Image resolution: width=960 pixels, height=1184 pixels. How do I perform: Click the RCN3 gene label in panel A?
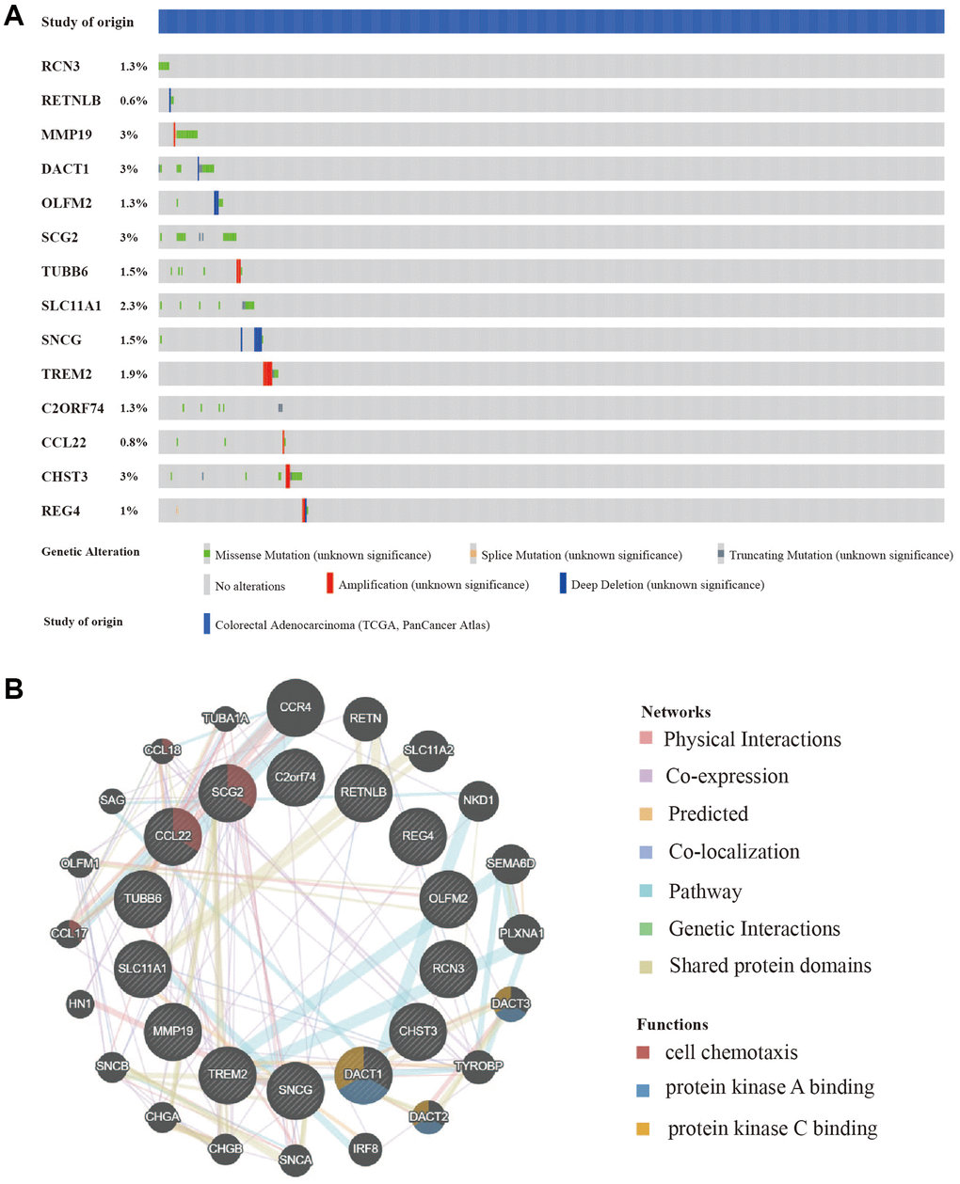tap(60, 66)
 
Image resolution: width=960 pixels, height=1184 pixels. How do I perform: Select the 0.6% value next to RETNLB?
tap(133, 101)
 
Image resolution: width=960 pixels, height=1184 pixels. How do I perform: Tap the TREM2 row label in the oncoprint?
tap(66, 374)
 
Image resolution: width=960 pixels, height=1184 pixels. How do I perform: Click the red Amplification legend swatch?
tap(329, 584)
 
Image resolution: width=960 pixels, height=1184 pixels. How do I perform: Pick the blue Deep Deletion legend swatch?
tap(563, 584)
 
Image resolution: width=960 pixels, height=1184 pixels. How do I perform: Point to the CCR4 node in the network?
tap(296, 707)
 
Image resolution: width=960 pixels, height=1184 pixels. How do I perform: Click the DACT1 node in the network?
tap(363, 1075)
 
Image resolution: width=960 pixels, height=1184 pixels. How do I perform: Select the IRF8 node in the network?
tap(365, 1148)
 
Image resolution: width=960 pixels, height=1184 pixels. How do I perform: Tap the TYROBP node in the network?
tap(479, 1066)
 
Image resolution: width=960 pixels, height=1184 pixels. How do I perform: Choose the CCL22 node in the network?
tap(173, 836)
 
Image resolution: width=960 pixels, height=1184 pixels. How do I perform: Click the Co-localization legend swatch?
tap(646, 852)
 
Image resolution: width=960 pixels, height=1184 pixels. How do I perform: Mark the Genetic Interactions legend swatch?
tap(646, 929)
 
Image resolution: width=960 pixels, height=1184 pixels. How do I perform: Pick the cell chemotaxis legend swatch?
tap(643, 1052)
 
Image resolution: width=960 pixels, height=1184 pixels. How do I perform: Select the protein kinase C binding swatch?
tap(643, 1129)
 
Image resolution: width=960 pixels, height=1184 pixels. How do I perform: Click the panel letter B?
tap(13, 689)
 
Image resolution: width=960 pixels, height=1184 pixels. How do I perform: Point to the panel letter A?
tap(13, 17)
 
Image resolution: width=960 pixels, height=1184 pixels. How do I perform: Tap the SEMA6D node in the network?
tap(510, 863)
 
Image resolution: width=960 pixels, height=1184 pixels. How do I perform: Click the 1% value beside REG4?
tap(129, 511)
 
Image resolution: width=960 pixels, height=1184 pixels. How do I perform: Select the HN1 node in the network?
tap(80, 1003)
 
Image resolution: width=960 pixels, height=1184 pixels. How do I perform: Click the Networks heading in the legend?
tap(676, 712)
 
